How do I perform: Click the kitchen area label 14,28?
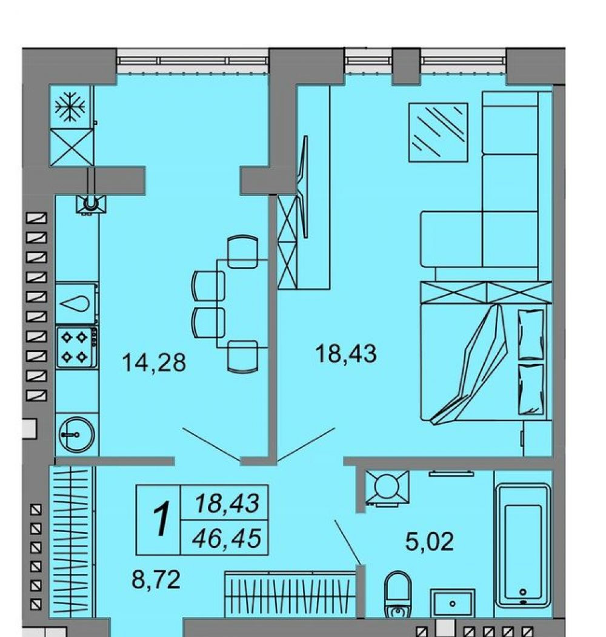click(x=154, y=362)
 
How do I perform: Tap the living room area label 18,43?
click(x=346, y=353)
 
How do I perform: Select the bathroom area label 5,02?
click(x=430, y=542)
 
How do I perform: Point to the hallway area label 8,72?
click(x=156, y=579)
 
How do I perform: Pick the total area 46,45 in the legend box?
click(x=227, y=539)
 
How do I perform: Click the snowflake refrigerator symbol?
click(x=70, y=107)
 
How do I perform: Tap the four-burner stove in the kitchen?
click(x=77, y=348)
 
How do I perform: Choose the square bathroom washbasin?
click(x=453, y=603)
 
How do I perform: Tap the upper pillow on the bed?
click(x=531, y=334)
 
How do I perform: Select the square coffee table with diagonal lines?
click(x=438, y=132)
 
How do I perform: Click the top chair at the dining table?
click(x=243, y=252)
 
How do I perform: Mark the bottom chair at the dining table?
click(x=243, y=356)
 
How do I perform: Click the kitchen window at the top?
click(x=193, y=61)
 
